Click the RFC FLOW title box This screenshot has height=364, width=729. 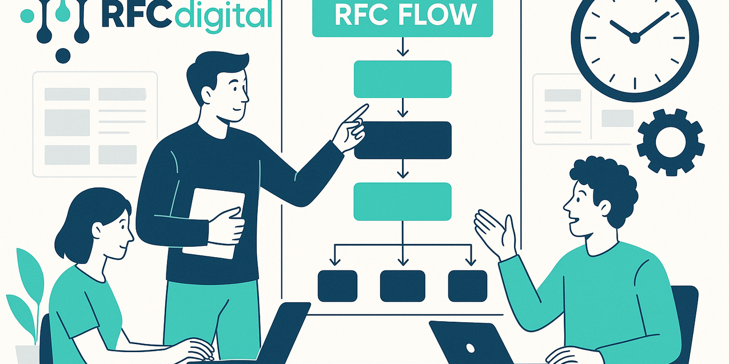click(x=403, y=18)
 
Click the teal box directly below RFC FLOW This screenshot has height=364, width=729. click(x=403, y=79)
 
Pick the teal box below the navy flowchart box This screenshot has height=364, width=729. click(x=403, y=201)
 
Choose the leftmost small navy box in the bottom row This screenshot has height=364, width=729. click(x=337, y=286)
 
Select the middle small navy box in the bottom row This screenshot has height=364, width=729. click(x=403, y=286)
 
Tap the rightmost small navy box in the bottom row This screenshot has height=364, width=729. click(x=468, y=286)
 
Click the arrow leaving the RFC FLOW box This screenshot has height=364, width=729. click(x=403, y=47)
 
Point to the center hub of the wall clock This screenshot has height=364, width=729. click(x=634, y=38)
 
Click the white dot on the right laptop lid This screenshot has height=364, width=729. click(x=471, y=347)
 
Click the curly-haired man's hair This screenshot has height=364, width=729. click(x=606, y=177)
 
